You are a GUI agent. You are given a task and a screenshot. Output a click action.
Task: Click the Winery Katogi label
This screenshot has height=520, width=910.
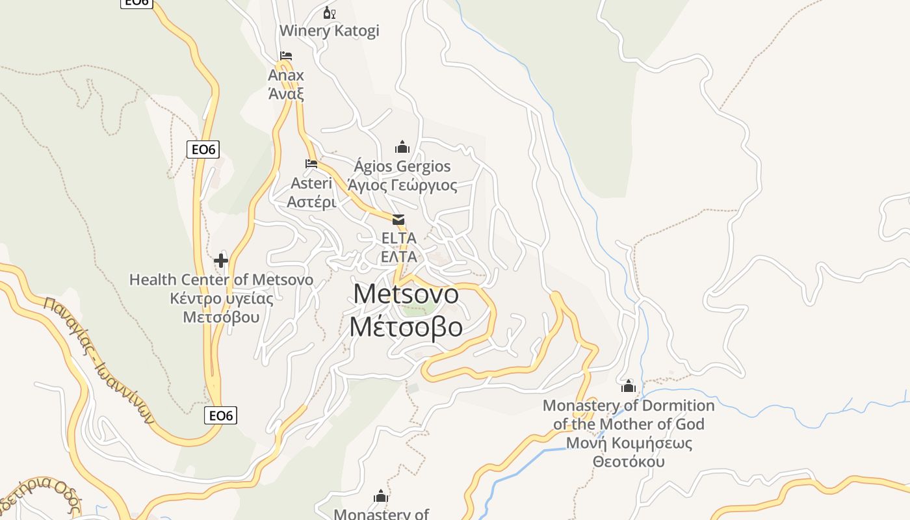click(329, 31)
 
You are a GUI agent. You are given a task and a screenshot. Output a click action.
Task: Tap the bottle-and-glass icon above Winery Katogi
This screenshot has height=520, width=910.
click(330, 12)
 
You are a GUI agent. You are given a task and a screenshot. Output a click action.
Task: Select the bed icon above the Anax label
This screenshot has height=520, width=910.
click(286, 56)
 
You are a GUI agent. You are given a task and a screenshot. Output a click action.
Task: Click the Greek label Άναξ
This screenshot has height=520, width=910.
click(286, 93)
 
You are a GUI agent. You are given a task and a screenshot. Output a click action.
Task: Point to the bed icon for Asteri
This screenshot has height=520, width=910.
click(311, 164)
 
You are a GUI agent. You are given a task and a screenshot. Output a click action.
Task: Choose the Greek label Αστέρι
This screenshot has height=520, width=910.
click(311, 201)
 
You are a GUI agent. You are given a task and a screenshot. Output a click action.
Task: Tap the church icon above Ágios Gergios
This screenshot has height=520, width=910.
click(402, 147)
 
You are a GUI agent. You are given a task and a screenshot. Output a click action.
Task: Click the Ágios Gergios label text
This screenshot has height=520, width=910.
click(402, 166)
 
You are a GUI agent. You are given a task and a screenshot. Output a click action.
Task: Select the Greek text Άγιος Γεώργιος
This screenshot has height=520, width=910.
click(402, 185)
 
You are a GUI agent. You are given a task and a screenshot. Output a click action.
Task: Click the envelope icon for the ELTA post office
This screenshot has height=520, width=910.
click(398, 220)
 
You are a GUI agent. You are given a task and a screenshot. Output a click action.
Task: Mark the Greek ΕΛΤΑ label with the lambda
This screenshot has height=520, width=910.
click(398, 256)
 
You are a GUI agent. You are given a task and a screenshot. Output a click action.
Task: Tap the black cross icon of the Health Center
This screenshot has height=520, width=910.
click(221, 261)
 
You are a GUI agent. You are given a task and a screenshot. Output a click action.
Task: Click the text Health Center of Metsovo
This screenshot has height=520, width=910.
click(221, 279)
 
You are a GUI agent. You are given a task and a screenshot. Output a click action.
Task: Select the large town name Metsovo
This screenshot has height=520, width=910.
click(406, 294)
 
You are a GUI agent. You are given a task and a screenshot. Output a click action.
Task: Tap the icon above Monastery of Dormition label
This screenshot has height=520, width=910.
click(628, 386)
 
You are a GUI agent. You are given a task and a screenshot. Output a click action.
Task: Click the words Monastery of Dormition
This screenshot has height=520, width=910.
click(628, 406)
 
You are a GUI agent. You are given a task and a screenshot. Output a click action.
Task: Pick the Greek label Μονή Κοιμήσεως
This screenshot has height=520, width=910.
click(628, 443)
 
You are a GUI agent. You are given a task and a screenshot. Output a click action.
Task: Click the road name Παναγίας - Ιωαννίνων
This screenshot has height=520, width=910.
click(97, 359)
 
